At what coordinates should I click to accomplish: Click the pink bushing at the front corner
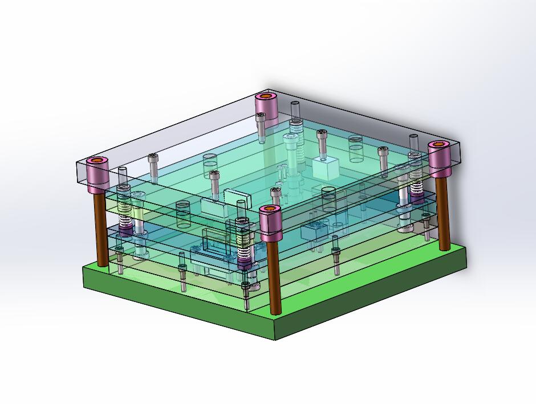click(x=271, y=224)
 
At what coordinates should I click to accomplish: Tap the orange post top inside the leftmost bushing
click(x=98, y=161)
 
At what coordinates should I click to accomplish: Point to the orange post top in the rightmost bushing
click(x=439, y=145)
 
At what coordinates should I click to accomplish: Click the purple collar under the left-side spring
click(x=125, y=231)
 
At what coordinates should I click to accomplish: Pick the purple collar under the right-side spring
click(x=417, y=197)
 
